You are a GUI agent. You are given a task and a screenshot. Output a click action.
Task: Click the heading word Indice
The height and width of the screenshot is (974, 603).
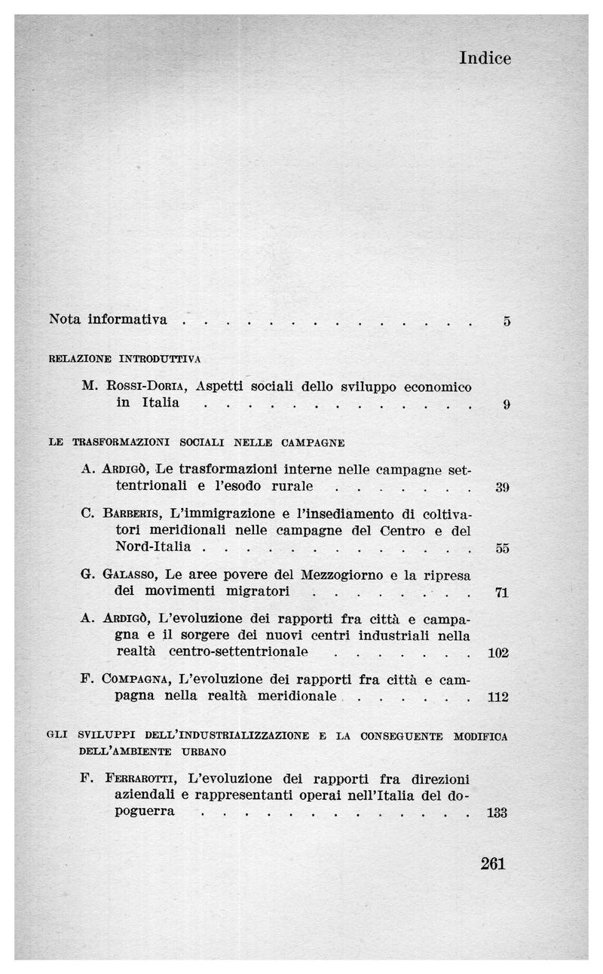(485, 58)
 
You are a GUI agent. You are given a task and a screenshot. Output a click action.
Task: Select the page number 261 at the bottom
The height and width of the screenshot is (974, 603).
(492, 864)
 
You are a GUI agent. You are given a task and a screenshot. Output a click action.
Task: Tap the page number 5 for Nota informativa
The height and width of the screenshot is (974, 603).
(507, 321)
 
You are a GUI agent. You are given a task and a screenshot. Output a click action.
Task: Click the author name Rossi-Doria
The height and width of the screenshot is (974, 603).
(144, 387)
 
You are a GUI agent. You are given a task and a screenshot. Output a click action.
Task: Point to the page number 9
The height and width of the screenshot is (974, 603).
(507, 405)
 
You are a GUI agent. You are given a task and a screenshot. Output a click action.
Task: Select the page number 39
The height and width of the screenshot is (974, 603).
(503, 488)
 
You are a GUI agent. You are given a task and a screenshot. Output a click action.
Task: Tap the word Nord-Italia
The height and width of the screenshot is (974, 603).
(153, 546)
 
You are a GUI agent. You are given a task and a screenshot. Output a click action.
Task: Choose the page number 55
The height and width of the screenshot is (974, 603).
(503, 548)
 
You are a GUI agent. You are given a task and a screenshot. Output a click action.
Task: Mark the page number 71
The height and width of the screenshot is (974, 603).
(502, 593)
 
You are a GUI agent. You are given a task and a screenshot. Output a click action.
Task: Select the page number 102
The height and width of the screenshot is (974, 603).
(498, 653)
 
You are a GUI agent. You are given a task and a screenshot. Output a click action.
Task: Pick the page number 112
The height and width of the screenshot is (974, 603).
(498, 697)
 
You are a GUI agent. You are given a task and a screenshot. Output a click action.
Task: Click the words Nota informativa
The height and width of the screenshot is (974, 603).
(108, 319)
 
